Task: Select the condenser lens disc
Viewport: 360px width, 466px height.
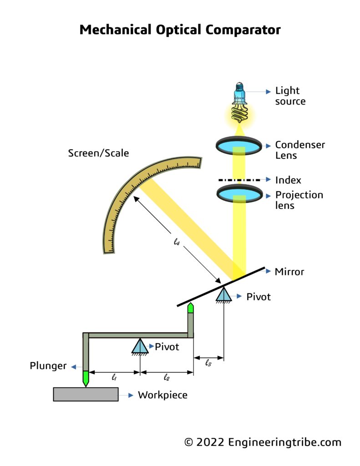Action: tap(239, 145)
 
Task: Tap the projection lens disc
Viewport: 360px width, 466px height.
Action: tap(239, 193)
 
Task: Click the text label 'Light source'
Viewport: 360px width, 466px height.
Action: tap(290, 96)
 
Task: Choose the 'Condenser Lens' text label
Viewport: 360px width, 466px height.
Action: tap(300, 150)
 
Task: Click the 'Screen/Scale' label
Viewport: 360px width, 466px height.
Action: tap(98, 153)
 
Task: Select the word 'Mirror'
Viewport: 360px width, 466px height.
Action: tap(289, 272)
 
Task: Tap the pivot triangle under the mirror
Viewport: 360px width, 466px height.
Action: tap(223, 294)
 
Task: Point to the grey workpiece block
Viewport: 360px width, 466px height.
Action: tap(86, 394)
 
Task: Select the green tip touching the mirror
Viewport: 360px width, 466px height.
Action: tap(191, 308)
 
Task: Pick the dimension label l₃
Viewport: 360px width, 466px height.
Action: tap(208, 363)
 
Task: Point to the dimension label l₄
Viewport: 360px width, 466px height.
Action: tap(177, 243)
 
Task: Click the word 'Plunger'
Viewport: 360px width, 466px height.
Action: tap(48, 366)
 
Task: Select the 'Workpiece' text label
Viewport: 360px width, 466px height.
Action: tap(162, 395)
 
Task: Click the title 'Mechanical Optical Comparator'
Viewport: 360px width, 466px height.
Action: tap(180, 30)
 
